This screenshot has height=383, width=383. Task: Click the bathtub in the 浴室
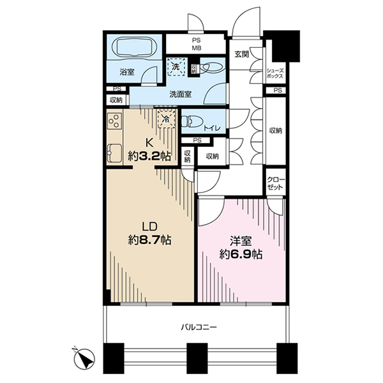pos(134,47)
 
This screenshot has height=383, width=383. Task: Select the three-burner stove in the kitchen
pos(114,121)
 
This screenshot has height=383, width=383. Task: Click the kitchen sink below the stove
pos(114,153)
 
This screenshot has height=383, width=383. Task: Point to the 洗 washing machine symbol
pos(176,66)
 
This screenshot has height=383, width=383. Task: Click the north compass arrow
pos(85,359)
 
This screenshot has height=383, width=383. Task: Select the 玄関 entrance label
pos(242,54)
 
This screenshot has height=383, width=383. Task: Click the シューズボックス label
pos(275,73)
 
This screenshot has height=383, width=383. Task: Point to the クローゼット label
pos(276,184)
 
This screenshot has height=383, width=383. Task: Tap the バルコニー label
pos(199,327)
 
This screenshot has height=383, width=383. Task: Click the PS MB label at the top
pos(197,44)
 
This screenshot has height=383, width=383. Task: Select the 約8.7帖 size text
pos(149,241)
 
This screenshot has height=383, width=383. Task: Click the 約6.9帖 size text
pos(241,255)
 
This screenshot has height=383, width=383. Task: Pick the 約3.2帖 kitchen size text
pos(149,156)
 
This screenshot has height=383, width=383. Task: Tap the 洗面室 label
pos(181,94)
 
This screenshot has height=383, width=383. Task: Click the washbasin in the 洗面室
pos(212,66)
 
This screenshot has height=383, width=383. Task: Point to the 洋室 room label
pos(241,241)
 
